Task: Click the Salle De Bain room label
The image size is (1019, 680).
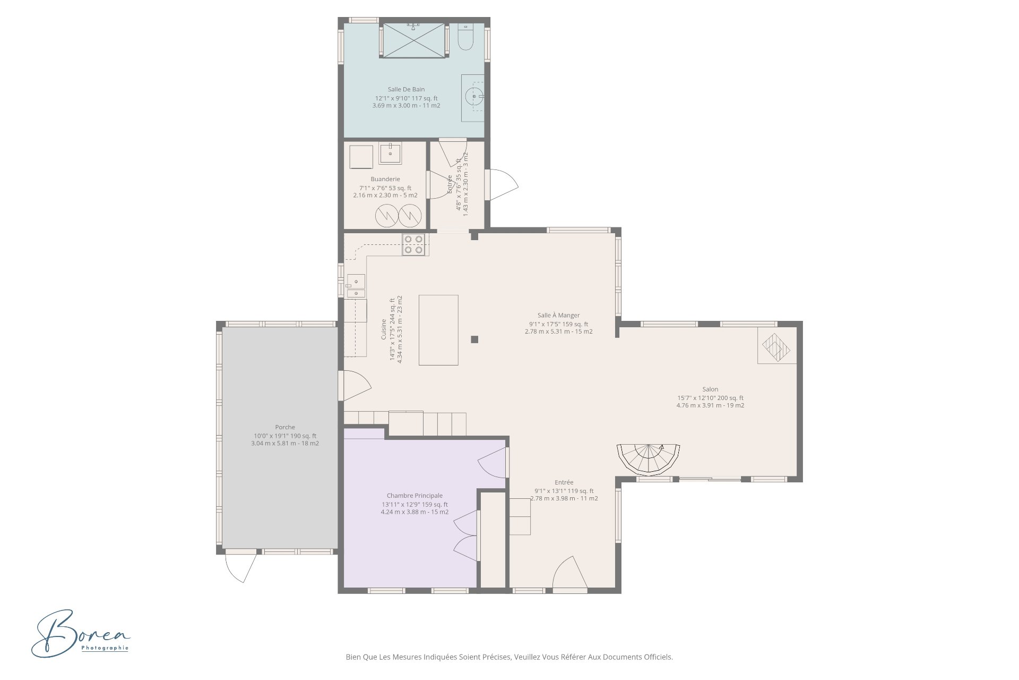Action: [406, 89]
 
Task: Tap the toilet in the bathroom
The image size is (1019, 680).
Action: [465, 37]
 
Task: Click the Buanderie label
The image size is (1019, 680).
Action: [385, 179]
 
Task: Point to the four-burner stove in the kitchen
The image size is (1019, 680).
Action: [413, 244]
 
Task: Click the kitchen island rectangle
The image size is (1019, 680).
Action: [438, 330]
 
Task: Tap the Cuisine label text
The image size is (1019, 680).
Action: [384, 329]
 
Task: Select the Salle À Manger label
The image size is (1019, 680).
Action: [558, 315]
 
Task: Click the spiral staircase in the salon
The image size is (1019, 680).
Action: [649, 458]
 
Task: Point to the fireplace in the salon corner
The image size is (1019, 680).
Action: [776, 346]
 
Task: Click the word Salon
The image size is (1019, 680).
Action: [710, 389]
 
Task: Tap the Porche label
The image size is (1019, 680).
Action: [285, 427]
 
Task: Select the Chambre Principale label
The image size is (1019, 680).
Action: [414, 496]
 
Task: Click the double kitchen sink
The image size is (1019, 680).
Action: [356, 286]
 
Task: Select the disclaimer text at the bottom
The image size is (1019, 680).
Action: [509, 657]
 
